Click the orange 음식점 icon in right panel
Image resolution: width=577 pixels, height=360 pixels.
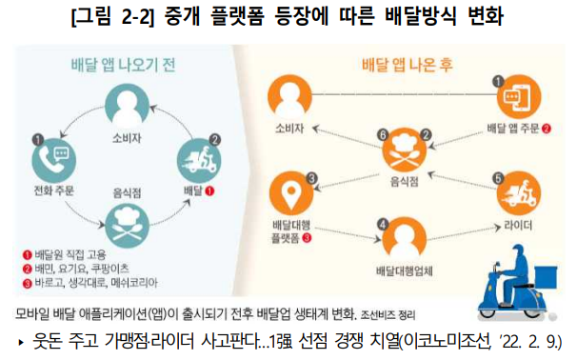(x=405, y=152)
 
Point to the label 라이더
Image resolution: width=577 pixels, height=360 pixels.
(x=511, y=225)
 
